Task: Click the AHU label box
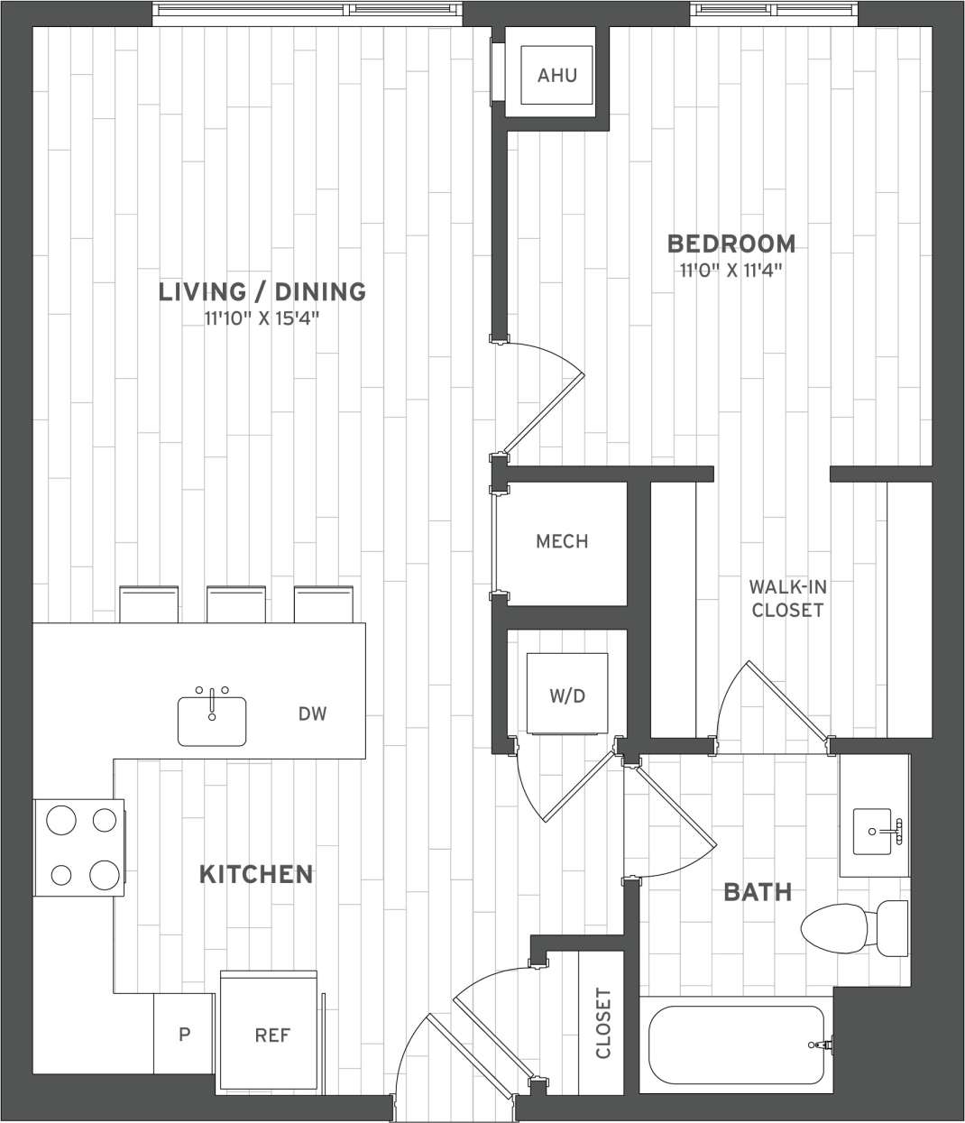556,75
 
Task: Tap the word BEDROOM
731,244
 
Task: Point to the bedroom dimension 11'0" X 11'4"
731,270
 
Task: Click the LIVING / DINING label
262,291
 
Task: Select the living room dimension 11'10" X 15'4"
262,318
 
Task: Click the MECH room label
562,541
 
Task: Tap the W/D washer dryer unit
567,694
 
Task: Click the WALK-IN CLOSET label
787,598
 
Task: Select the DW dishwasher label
312,714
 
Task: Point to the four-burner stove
80,847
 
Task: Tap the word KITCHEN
255,874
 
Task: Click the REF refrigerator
271,1034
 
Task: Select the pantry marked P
184,1034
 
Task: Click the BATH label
758,892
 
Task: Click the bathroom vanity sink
875,831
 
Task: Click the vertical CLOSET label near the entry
603,1023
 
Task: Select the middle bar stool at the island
235,603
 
